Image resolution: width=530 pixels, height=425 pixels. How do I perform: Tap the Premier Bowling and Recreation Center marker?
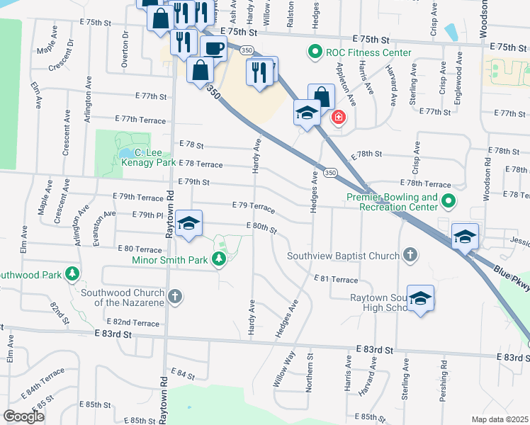[x=447, y=203]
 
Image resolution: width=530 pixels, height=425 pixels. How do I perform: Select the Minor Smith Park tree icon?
[x=220, y=260]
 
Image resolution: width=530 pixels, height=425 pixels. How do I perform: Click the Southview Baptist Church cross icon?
[x=409, y=254]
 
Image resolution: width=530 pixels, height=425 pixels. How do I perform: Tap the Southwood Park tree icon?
[x=72, y=273]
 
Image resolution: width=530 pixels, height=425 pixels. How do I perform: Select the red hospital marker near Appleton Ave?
[x=339, y=117]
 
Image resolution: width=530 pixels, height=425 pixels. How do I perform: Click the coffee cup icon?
[x=213, y=48]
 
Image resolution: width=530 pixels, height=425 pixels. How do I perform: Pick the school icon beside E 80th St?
[x=188, y=224]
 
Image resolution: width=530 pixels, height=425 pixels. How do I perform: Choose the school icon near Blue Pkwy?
[x=465, y=237]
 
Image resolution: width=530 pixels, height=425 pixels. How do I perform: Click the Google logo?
[x=24, y=416]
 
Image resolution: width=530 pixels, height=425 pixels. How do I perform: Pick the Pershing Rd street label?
[x=444, y=382]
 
